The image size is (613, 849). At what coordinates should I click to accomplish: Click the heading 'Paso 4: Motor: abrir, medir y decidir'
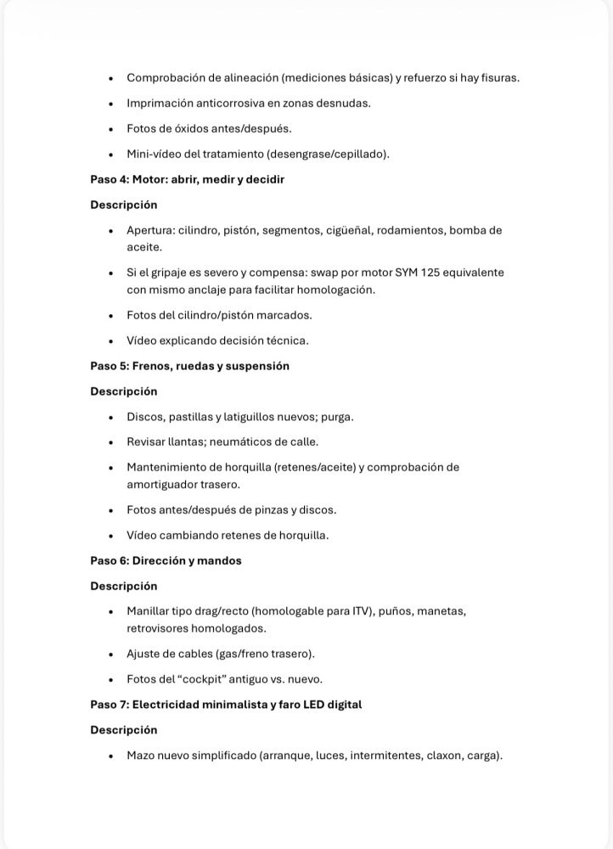(187, 180)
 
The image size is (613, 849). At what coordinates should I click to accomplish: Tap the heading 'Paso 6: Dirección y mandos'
(166, 560)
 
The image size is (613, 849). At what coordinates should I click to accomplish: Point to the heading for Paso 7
(226, 705)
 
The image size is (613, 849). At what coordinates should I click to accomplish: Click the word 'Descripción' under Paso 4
(124, 205)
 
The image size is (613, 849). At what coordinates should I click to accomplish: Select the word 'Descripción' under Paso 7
(124, 730)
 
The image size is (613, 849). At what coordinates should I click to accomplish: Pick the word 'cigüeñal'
(368, 230)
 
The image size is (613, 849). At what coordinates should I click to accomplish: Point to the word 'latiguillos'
(253, 417)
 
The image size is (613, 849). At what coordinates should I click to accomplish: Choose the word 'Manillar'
(150, 611)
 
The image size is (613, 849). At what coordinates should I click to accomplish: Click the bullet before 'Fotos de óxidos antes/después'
(111, 129)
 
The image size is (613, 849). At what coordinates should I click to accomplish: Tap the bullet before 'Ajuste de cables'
(111, 655)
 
